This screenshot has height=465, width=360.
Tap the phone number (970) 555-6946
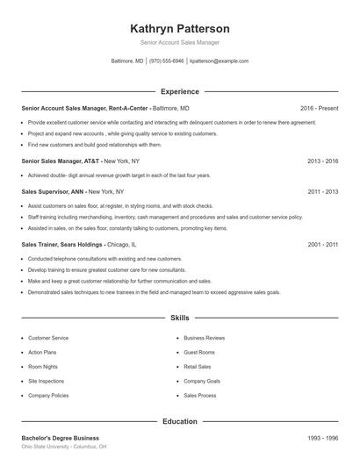pyautogui.click(x=167, y=61)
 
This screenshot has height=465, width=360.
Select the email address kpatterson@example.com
pyautogui.click(x=219, y=61)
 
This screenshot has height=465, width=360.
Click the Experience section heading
pyautogui.click(x=180, y=91)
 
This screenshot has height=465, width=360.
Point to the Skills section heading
pyautogui.click(x=180, y=318)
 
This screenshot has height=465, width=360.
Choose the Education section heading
pyautogui.click(x=180, y=421)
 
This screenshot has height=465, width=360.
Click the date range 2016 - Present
pyautogui.click(x=319, y=108)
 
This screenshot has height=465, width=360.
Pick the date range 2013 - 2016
pyautogui.click(x=323, y=161)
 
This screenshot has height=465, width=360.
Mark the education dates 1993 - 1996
pyautogui.click(x=323, y=438)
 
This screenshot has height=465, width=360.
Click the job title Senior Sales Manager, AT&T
pyautogui.click(x=61, y=161)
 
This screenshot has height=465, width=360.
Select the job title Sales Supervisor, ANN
pyautogui.click(x=54, y=190)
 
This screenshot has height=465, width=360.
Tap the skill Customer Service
pyautogui.click(x=48, y=338)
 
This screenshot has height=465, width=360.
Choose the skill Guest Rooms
pyautogui.click(x=199, y=353)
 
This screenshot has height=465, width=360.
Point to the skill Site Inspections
pyautogui.click(x=46, y=382)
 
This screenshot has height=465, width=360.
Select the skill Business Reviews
pyautogui.click(x=204, y=338)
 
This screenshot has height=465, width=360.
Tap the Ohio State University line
pyautogui.click(x=63, y=447)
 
